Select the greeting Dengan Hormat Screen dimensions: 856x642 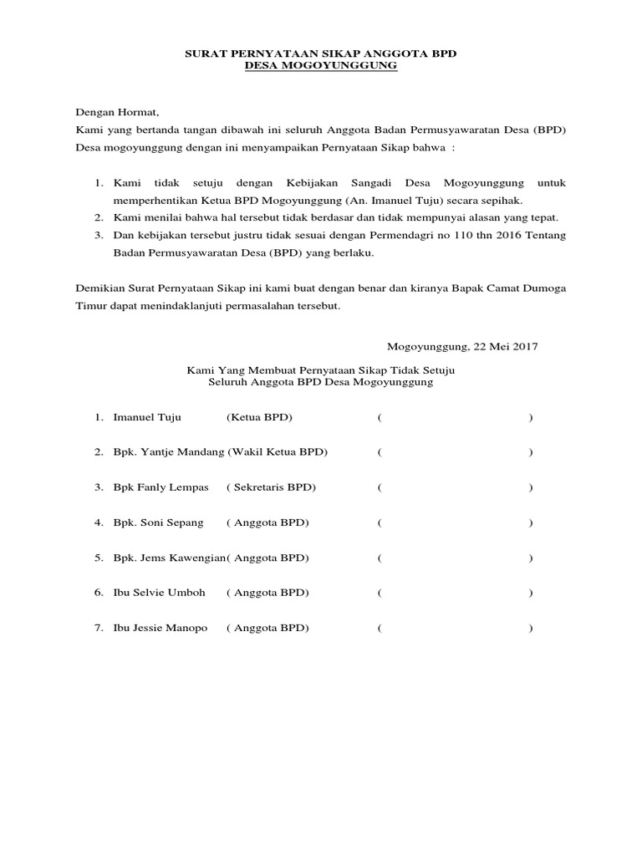click(116, 111)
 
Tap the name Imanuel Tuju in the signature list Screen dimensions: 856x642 click(147, 417)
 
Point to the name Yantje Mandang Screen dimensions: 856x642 click(183, 452)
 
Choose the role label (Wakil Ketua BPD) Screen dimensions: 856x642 click(278, 452)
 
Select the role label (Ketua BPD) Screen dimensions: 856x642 click(259, 417)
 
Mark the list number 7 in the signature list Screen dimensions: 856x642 click(98, 628)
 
